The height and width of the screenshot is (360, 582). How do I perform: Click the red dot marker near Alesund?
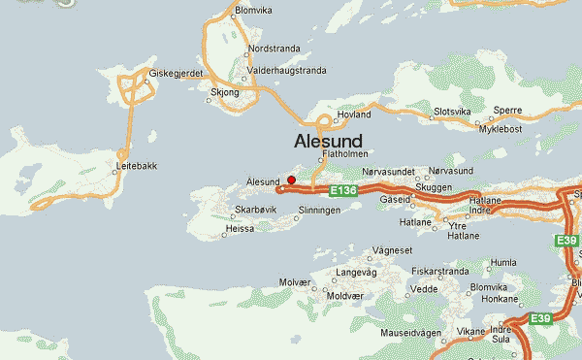(x=291, y=180)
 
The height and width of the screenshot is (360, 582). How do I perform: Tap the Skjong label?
(x=224, y=94)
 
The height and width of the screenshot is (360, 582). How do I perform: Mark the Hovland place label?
(x=354, y=114)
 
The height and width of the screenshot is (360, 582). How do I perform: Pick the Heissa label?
(x=242, y=229)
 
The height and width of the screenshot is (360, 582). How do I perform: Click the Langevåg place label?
(x=355, y=273)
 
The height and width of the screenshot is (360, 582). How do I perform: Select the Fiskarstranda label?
(x=440, y=272)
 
